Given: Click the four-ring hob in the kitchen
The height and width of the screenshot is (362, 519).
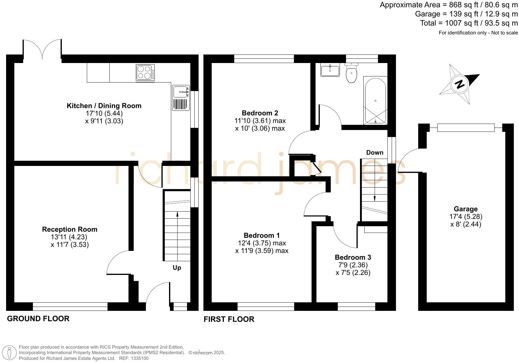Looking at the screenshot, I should coord(145,72).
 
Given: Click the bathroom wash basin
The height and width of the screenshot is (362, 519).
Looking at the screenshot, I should coord(330,70).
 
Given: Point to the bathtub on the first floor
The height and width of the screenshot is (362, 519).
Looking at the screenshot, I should coord(375,101).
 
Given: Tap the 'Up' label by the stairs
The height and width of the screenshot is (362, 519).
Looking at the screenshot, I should coord(177,268).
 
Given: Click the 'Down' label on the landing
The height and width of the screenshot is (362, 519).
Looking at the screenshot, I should coord(375,153).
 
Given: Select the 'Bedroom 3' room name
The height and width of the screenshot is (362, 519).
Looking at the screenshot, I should coord(353,257).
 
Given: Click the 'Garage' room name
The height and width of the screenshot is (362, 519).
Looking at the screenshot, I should coord(465,209).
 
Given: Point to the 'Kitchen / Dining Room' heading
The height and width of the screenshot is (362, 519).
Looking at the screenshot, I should coord(104,106).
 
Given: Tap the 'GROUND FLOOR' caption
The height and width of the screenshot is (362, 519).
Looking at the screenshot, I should coord(38,318).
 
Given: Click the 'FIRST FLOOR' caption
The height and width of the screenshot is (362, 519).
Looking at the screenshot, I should coord(229,319).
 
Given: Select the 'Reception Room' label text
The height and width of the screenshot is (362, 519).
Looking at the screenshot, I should coord(69,229).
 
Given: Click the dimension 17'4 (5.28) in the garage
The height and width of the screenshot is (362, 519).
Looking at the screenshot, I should coord(466,217).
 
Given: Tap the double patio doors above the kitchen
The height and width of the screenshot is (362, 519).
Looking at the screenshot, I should coord(42,49).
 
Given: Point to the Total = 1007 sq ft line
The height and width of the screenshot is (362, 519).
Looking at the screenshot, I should coord(469,23).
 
